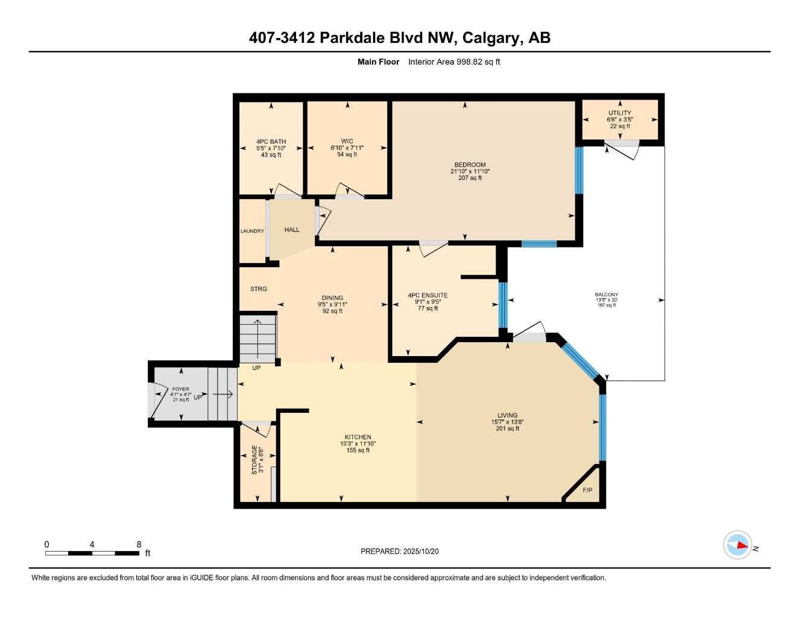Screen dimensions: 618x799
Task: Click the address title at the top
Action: point(399,38)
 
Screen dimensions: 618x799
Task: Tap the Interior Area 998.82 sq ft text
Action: point(454,62)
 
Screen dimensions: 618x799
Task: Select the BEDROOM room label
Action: point(470,165)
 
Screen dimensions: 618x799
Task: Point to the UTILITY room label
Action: point(619,113)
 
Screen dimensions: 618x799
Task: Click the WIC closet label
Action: point(347,141)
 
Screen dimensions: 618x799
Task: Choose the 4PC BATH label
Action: point(271,142)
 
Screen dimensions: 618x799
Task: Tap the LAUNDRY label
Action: point(252,231)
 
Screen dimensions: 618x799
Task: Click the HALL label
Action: point(292,230)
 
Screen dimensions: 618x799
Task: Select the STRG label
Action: point(258,289)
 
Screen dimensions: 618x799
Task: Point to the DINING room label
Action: point(332,298)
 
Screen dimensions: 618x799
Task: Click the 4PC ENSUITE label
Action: point(428,296)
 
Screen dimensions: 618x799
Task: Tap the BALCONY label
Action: point(606,295)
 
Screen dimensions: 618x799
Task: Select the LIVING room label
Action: point(507,415)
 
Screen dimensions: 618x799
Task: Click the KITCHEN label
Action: point(358,437)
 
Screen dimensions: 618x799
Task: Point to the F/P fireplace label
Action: point(587,490)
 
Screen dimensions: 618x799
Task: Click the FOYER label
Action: point(180,389)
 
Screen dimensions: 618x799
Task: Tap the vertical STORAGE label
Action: point(254,460)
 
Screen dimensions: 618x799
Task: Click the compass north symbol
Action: point(737,545)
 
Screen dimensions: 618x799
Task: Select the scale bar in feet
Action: point(92,553)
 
